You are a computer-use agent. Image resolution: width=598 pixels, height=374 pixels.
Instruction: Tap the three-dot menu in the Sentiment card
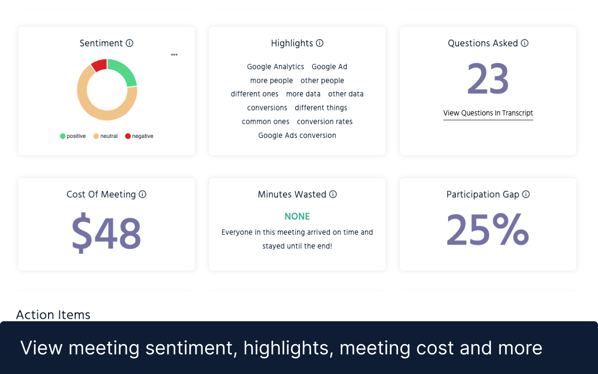pos(174,55)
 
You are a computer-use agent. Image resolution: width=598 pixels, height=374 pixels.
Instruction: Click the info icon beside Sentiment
pos(130,43)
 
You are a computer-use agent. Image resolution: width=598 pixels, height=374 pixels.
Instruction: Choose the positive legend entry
pos(73,136)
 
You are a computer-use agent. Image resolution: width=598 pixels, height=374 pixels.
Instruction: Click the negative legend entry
pos(139,136)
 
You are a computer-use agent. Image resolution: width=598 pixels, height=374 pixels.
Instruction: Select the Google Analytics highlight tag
pos(275,67)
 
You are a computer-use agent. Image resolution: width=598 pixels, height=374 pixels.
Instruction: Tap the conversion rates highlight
pos(325,122)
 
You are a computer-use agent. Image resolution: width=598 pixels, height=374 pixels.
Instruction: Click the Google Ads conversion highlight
pos(297,136)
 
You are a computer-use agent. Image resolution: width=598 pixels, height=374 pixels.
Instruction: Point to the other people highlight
pos(322,80)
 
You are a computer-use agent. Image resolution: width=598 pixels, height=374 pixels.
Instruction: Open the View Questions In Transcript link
pos(488,113)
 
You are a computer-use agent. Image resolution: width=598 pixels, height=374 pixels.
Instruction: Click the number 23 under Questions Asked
pos(488,79)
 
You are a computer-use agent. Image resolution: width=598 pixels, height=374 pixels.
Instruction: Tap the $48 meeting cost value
pos(106,232)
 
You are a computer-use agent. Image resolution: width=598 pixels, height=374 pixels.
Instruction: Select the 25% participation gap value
pos(488,230)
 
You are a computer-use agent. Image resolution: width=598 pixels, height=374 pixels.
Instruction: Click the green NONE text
pos(297,216)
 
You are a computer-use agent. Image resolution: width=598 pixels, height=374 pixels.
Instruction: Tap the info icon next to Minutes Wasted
pos(333,194)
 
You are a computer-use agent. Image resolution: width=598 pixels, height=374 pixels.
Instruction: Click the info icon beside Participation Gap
pos(526,194)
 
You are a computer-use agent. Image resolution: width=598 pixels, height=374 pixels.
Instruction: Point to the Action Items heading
pos(53,315)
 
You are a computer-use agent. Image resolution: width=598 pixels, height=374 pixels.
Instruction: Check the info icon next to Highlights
pos(320,43)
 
